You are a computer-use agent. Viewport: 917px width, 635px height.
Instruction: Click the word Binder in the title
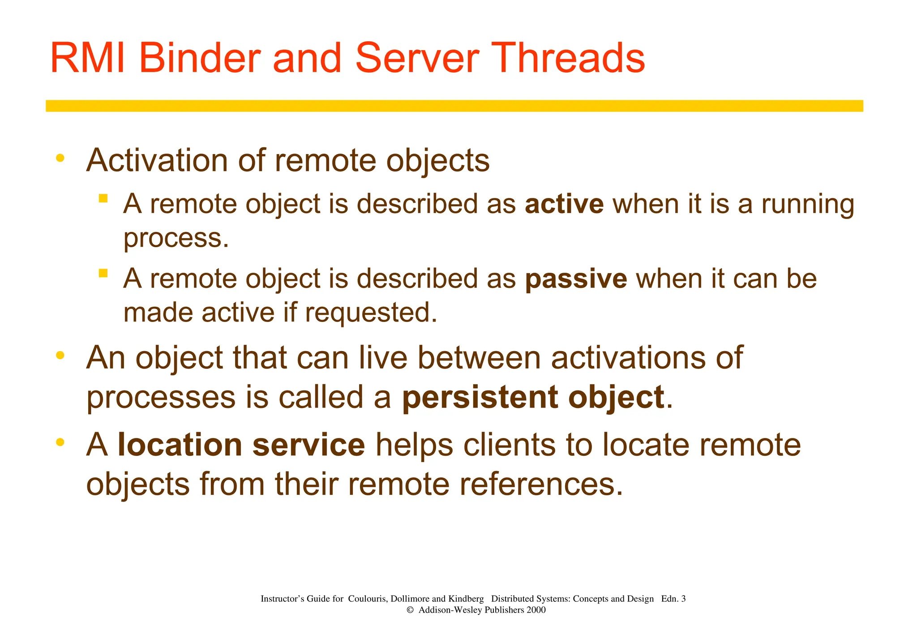click(x=200, y=58)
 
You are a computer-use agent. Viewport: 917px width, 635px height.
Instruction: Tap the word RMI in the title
click(x=88, y=58)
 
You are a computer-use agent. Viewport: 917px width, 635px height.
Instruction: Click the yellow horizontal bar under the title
click(x=454, y=106)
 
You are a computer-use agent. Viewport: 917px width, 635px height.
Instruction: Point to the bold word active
click(x=564, y=204)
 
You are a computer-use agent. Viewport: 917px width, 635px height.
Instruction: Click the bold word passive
click(x=576, y=279)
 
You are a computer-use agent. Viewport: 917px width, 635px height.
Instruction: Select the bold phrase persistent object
click(x=533, y=397)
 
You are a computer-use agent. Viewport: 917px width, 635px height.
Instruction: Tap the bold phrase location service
click(x=241, y=445)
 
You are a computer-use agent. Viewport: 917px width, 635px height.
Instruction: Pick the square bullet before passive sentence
click(x=103, y=273)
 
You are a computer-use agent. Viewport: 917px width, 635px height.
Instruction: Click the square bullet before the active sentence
click(x=103, y=198)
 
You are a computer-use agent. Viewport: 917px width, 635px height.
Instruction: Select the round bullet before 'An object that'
click(x=60, y=356)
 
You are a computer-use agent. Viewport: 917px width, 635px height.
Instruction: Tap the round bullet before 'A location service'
click(x=60, y=442)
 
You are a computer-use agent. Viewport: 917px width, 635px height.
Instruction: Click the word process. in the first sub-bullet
click(x=176, y=239)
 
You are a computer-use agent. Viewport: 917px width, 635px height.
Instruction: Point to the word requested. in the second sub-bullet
click(x=371, y=313)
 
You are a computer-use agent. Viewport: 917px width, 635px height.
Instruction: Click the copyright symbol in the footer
click(x=410, y=610)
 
